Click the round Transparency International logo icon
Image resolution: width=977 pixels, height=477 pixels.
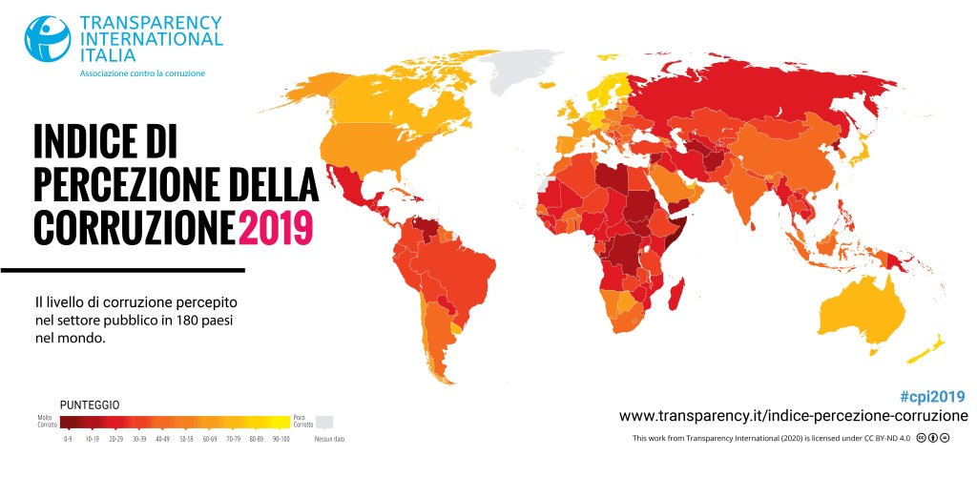click(48, 37)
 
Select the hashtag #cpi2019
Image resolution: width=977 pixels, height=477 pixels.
click(932, 397)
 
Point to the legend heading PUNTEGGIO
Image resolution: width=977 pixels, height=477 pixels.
click(90, 405)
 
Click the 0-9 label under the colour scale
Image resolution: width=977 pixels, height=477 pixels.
click(67, 439)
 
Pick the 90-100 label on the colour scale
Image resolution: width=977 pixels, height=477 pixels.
click(281, 439)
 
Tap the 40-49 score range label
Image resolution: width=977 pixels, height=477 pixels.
click(162, 439)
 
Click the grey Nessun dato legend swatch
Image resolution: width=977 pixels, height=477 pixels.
click(325, 422)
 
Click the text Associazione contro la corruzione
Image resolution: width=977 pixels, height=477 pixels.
click(142, 73)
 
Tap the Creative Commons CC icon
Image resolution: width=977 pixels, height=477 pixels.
click(922, 438)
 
